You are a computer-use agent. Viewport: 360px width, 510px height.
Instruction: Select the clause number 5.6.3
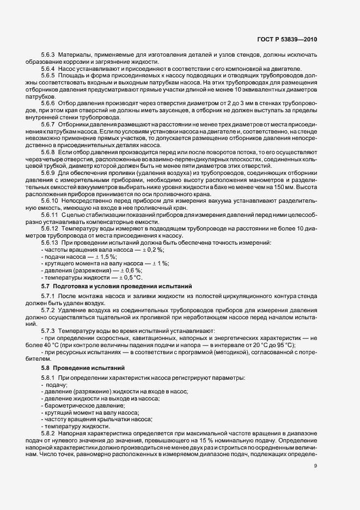pos(49,55)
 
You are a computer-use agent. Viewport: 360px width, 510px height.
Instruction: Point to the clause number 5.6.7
pos(49,125)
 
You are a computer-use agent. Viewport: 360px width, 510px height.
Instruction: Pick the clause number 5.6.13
pos(51,241)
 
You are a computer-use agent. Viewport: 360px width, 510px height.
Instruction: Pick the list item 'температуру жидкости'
pos(80,426)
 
